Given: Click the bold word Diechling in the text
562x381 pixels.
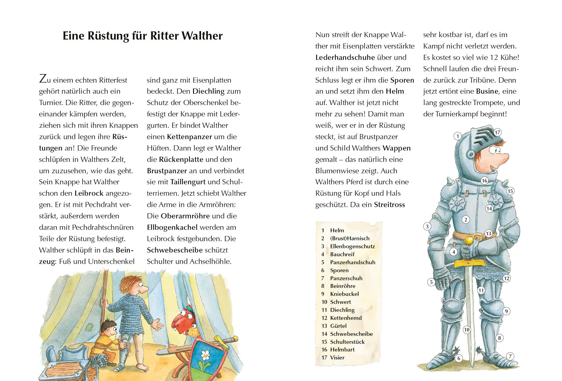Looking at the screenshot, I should click(208, 91).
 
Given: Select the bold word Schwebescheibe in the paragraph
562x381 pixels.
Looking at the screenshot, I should click(174, 250).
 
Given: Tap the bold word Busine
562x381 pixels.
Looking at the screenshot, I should click(487, 91).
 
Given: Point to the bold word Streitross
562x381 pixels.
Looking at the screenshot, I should click(389, 205).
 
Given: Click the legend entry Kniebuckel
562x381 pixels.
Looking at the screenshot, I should click(344, 294).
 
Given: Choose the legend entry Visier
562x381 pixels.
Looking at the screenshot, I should click(337, 357).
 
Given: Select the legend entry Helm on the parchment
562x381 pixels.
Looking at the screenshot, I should click(337, 230).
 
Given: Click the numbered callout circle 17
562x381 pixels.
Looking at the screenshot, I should click(497, 132).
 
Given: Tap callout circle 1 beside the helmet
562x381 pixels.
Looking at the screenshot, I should click(458, 136).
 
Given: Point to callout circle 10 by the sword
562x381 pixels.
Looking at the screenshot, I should click(467, 330).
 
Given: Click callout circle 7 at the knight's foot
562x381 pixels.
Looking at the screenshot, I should click(510, 356).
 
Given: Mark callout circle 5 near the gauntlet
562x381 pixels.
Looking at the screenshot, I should click(431, 282).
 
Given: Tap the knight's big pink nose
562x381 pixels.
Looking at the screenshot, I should click(502, 158).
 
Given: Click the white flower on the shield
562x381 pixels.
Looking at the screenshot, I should click(205, 355).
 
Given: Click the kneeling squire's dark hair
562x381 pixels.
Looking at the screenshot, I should click(108, 325).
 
